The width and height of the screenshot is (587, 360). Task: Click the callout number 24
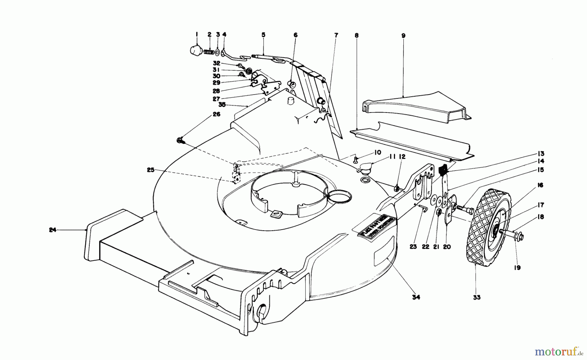53,230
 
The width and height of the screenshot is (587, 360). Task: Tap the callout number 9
403,36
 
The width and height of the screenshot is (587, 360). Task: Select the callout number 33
476,297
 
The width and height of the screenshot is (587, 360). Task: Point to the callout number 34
416,297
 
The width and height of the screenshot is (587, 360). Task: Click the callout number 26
217,114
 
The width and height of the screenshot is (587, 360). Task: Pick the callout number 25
150,170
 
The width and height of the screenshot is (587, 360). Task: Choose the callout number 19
517,268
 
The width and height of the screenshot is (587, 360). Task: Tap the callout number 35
222,105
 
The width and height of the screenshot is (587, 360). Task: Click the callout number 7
336,35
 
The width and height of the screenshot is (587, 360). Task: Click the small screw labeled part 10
356,160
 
